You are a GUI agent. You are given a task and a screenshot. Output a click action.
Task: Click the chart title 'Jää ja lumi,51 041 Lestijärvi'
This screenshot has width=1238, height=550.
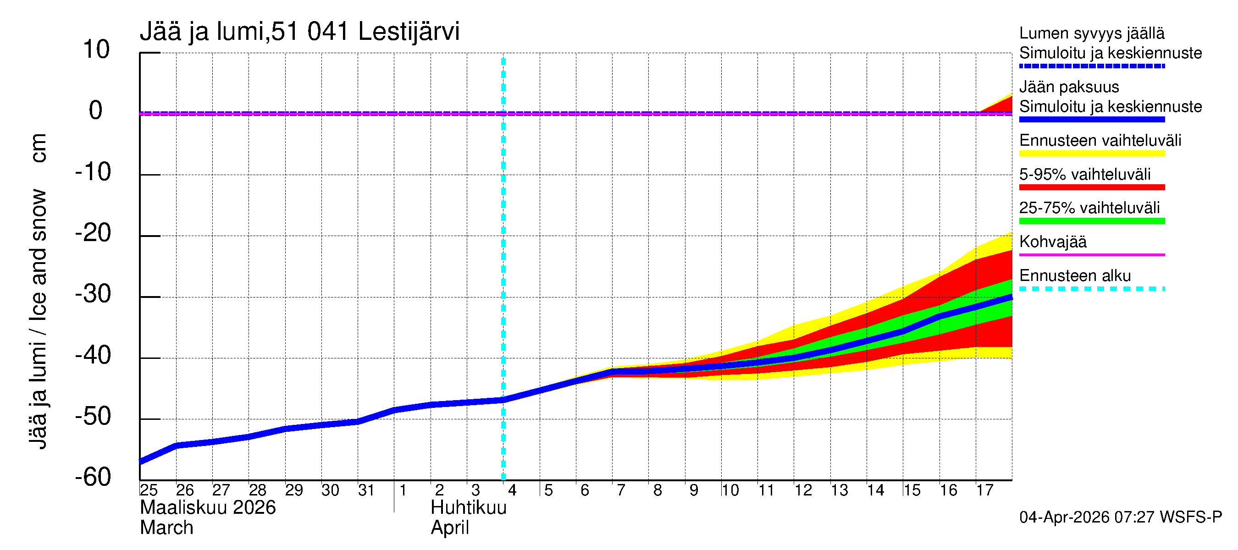click(299, 32)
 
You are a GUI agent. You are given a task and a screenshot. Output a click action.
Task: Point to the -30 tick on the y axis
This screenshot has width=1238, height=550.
click(93, 294)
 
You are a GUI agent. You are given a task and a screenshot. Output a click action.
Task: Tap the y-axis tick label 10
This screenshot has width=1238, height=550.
click(96, 49)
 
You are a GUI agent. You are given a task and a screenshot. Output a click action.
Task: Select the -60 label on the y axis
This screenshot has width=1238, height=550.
click(93, 478)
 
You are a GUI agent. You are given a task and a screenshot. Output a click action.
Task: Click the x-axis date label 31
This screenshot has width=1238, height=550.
click(366, 490)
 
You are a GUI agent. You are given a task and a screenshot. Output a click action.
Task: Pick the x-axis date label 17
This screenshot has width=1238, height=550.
click(984, 490)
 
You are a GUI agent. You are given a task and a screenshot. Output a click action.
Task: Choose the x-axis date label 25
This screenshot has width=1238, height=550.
click(149, 490)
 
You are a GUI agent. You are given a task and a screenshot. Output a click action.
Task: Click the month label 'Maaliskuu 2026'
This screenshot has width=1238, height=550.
click(208, 508)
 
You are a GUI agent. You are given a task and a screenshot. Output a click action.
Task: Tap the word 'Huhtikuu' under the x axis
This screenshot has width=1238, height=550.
click(468, 508)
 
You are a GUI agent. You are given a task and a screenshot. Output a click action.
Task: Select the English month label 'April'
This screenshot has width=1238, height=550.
click(449, 528)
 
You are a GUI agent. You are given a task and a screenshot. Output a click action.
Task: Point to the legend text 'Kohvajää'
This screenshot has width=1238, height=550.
click(1052, 242)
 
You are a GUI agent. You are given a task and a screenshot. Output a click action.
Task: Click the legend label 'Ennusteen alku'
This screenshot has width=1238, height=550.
click(1075, 276)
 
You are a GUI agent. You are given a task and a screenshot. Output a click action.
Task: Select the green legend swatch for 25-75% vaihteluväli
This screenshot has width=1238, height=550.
click(1091, 221)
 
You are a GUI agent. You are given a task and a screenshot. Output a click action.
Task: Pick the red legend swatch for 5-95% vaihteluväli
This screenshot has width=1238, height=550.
click(1091, 187)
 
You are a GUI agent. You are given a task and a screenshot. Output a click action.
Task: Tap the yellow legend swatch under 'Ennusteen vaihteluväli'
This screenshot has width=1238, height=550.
click(1091, 154)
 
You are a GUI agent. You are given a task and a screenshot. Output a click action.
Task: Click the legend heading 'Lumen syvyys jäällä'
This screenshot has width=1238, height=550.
click(1091, 33)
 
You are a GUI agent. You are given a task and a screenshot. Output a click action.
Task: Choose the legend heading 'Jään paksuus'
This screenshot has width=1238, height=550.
click(1069, 87)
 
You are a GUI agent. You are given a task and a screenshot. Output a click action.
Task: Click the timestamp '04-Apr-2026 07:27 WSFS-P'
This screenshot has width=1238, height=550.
click(1120, 517)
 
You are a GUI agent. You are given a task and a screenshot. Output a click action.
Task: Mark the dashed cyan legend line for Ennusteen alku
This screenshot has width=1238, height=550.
click(1091, 289)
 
